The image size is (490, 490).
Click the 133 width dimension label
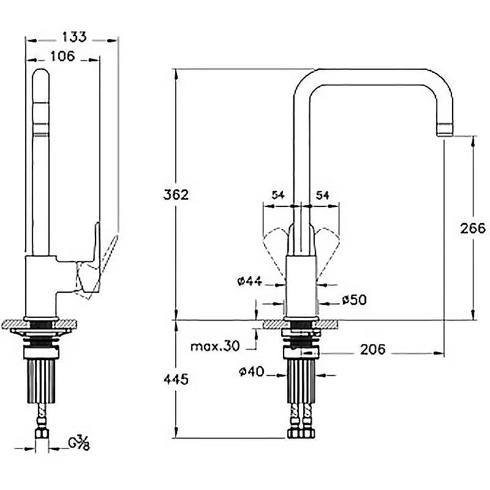coord(74,37)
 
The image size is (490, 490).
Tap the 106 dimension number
coord(62,56)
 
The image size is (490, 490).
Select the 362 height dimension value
coord(176,195)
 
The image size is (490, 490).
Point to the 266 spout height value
coord(473,228)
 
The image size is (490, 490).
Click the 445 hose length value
coord(176,379)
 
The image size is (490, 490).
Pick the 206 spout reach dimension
coord(373,349)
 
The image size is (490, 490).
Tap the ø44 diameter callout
coord(250,281)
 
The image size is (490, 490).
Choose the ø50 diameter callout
coord(355,300)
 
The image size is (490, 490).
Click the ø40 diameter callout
coord(252,372)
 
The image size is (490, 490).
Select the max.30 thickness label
coord(215,346)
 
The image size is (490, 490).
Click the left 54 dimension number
coord(278,195)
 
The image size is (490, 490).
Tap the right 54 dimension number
coord(322,195)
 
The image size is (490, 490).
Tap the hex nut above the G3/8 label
coord(42,434)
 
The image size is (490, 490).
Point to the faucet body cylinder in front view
coord(301,287)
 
